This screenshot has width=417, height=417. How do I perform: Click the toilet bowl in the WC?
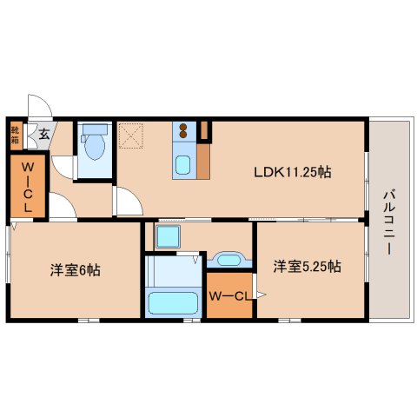pyautogui.click(x=94, y=144)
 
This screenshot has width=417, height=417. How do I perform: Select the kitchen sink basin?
pyautogui.click(x=184, y=164)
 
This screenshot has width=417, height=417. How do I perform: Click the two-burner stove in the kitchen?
pyautogui.click(x=184, y=132)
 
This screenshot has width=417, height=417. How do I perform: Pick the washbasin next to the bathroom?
pyautogui.click(x=228, y=260)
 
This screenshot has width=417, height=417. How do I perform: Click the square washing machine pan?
pyautogui.click(x=168, y=235)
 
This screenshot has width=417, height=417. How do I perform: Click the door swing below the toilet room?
pyautogui.click(x=63, y=167)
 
